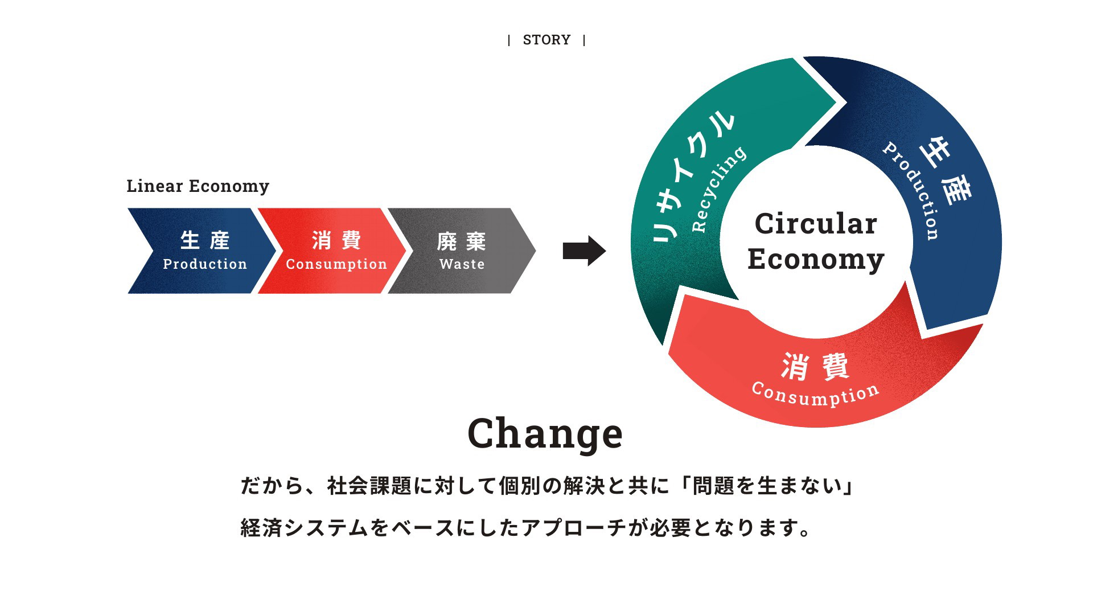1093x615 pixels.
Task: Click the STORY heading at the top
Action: pos(546,40)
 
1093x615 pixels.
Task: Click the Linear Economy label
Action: pos(198,186)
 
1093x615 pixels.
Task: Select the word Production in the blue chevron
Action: pos(205,264)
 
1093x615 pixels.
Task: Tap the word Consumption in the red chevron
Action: pos(336,264)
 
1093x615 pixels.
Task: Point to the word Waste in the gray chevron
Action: pos(462,264)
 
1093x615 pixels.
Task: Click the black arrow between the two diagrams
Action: pos(584,251)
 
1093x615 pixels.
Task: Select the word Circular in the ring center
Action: pos(816,223)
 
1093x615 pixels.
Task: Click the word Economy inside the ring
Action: pos(816,259)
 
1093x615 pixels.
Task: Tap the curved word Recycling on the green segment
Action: pos(717,188)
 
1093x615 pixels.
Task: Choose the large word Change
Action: pos(545,433)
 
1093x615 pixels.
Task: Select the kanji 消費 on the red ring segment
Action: pos(815,366)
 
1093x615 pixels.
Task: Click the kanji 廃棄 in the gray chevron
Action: pos(462,241)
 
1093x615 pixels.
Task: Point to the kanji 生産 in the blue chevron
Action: pos(205,240)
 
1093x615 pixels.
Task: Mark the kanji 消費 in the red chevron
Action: pos(336,240)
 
